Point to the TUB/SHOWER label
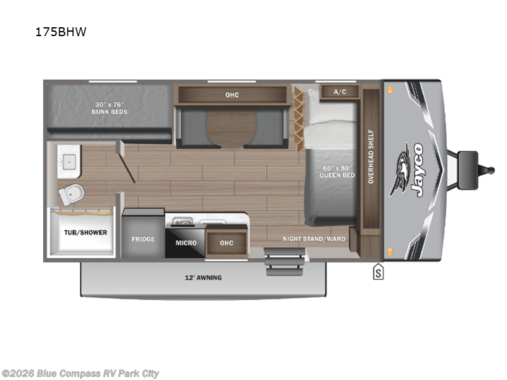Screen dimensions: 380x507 85,232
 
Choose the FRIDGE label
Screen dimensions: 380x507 143,239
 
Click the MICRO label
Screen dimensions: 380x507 186,243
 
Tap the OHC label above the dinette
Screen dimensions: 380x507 232,95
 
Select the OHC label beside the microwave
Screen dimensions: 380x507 226,243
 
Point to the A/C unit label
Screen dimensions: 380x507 340,92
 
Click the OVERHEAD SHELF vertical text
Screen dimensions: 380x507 371,157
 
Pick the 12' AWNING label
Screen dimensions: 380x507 203,277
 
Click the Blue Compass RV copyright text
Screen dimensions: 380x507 80,373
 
